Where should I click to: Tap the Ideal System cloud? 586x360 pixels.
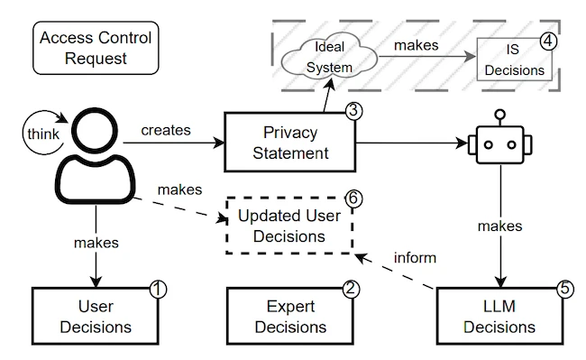[323, 56]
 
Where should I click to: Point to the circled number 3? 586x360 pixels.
[353, 112]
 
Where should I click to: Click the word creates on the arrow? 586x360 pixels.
[167, 129]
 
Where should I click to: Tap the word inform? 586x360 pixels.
[415, 258]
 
